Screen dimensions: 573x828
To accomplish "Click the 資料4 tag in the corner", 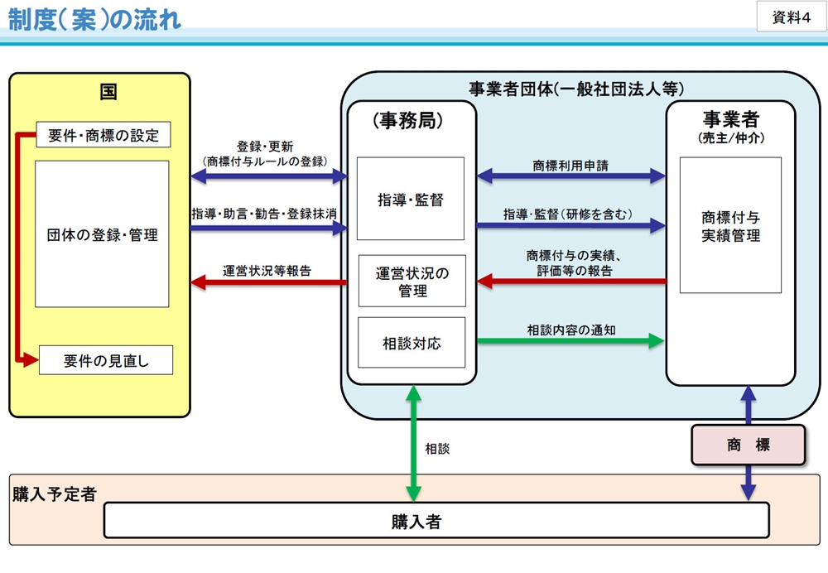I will pyautogui.click(x=791, y=17).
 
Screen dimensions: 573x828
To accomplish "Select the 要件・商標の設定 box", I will pyautogui.click(x=103, y=135).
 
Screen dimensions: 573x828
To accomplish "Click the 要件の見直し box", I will pyautogui.click(x=105, y=360).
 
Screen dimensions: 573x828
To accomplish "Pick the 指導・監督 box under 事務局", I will pyautogui.click(x=411, y=200).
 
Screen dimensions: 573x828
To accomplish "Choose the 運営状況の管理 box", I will pyautogui.click(x=412, y=282).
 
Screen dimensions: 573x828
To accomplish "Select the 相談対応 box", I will pyautogui.click(x=412, y=343).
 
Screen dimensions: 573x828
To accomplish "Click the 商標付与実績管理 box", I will pyautogui.click(x=730, y=226).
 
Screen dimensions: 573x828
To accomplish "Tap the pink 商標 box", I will pyautogui.click(x=749, y=445).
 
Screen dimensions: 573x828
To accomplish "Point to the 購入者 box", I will pyautogui.click(x=436, y=521).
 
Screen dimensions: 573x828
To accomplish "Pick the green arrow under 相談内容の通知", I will pyautogui.click(x=571, y=340).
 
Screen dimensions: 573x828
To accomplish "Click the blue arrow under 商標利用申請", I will pyautogui.click(x=571, y=176).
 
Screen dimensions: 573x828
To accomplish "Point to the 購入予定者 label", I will pyautogui.click(x=55, y=494).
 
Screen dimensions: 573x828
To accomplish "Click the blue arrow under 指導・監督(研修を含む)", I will pyautogui.click(x=571, y=225).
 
